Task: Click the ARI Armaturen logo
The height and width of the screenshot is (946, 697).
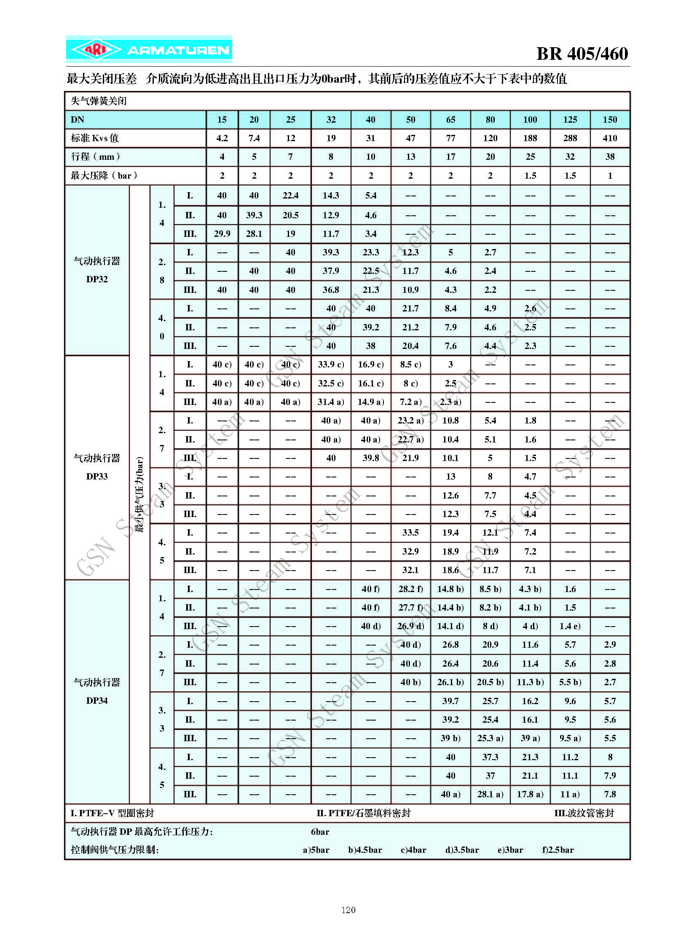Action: click(x=149, y=50)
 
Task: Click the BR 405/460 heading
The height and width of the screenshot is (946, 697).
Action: click(x=582, y=54)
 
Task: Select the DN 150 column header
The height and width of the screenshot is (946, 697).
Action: click(x=610, y=120)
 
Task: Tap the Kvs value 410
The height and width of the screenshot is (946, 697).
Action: click(x=610, y=138)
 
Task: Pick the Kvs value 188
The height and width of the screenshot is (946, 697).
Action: click(x=530, y=138)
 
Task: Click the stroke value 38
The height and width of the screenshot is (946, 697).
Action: click(x=610, y=157)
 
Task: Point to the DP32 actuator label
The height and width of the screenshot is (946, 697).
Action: click(x=97, y=270)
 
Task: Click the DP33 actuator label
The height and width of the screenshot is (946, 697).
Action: click(x=97, y=467)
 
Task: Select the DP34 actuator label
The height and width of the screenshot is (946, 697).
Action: click(x=97, y=691)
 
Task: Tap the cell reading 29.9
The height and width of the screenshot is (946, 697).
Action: click(x=222, y=234)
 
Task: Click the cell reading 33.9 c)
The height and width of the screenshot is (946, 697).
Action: click(x=331, y=364)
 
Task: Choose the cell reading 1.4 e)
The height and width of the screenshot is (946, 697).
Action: click(x=570, y=626)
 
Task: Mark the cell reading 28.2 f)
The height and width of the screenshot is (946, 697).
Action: click(x=410, y=589)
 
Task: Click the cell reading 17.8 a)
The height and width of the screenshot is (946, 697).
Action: click(x=530, y=794)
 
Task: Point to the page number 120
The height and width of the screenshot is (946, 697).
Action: click(x=348, y=910)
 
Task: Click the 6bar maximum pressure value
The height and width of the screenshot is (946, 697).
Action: click(x=320, y=832)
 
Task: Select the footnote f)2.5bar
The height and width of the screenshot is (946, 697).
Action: click(x=558, y=850)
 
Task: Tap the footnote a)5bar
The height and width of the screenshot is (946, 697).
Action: click(x=316, y=850)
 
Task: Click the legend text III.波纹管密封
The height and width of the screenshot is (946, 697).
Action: click(x=584, y=813)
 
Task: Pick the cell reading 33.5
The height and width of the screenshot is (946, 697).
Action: click(x=410, y=533)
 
